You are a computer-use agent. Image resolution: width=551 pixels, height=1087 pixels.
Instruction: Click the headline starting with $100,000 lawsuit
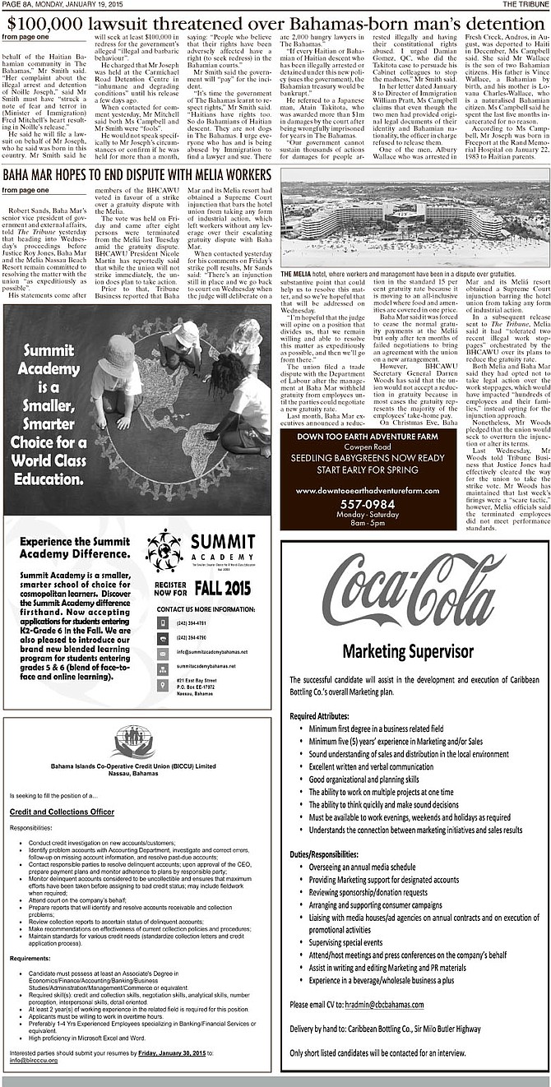coord(275,21)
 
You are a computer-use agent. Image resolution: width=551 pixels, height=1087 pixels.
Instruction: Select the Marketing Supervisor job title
coord(414,650)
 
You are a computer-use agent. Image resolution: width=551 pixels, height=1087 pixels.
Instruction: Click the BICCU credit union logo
coord(133,741)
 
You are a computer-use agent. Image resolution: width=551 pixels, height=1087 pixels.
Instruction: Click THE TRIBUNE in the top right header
coord(526,4)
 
